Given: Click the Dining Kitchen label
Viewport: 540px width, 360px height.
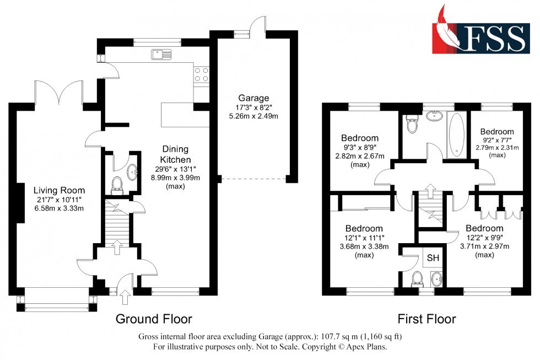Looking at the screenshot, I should pos(175,154).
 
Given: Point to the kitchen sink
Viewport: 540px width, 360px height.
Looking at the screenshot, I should pos(161,54).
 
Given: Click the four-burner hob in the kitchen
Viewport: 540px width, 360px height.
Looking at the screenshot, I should pos(201,74).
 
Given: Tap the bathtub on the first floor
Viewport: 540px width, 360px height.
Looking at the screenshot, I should pos(457,134).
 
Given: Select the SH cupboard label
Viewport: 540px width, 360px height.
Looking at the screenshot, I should pos(433,257).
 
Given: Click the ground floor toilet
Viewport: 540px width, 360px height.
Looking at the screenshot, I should pos(116,185).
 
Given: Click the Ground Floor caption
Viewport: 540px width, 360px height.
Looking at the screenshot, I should pos(154,319).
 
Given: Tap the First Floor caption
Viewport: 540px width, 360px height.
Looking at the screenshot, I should pos(426,319).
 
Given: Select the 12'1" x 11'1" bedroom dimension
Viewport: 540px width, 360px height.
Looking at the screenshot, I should pos(364,238).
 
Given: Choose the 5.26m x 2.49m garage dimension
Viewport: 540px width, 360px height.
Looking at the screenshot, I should pos(254,116).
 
